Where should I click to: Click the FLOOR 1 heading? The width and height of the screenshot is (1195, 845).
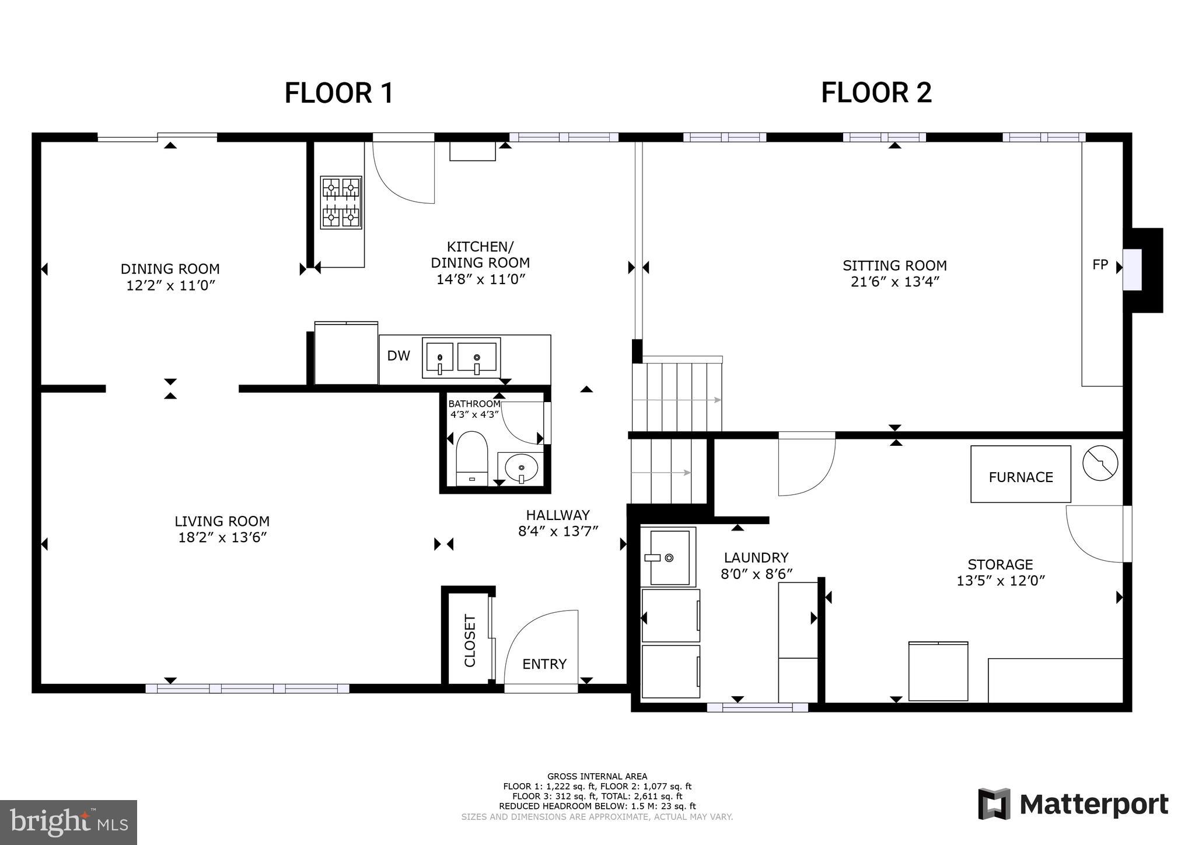(x=339, y=93)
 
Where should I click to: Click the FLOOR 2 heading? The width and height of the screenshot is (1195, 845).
(x=876, y=93)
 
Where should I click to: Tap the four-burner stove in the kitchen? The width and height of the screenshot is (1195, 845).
(x=341, y=202)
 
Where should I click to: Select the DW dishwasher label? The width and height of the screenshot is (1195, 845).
(x=399, y=356)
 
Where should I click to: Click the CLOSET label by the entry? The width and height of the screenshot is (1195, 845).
(x=470, y=640)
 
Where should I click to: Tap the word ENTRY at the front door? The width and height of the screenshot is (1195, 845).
(x=544, y=664)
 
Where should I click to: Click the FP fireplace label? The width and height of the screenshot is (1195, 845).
(x=1100, y=265)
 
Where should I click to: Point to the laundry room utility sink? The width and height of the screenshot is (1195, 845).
(x=669, y=557)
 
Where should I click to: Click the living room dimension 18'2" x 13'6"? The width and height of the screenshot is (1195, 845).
(x=222, y=537)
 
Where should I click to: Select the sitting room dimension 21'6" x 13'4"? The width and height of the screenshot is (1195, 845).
(x=894, y=282)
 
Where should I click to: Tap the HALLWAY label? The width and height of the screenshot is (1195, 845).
(x=557, y=515)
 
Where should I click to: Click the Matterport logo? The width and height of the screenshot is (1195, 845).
(x=1072, y=804)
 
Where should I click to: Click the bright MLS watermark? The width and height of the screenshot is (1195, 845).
(x=69, y=822)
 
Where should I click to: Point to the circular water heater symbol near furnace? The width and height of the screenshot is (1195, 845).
(x=1100, y=463)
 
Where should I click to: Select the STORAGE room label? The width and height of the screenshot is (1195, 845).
(x=1000, y=564)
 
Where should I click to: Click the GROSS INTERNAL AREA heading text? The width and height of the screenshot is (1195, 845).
(x=597, y=776)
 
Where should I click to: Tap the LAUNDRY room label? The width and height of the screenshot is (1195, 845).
(x=756, y=557)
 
